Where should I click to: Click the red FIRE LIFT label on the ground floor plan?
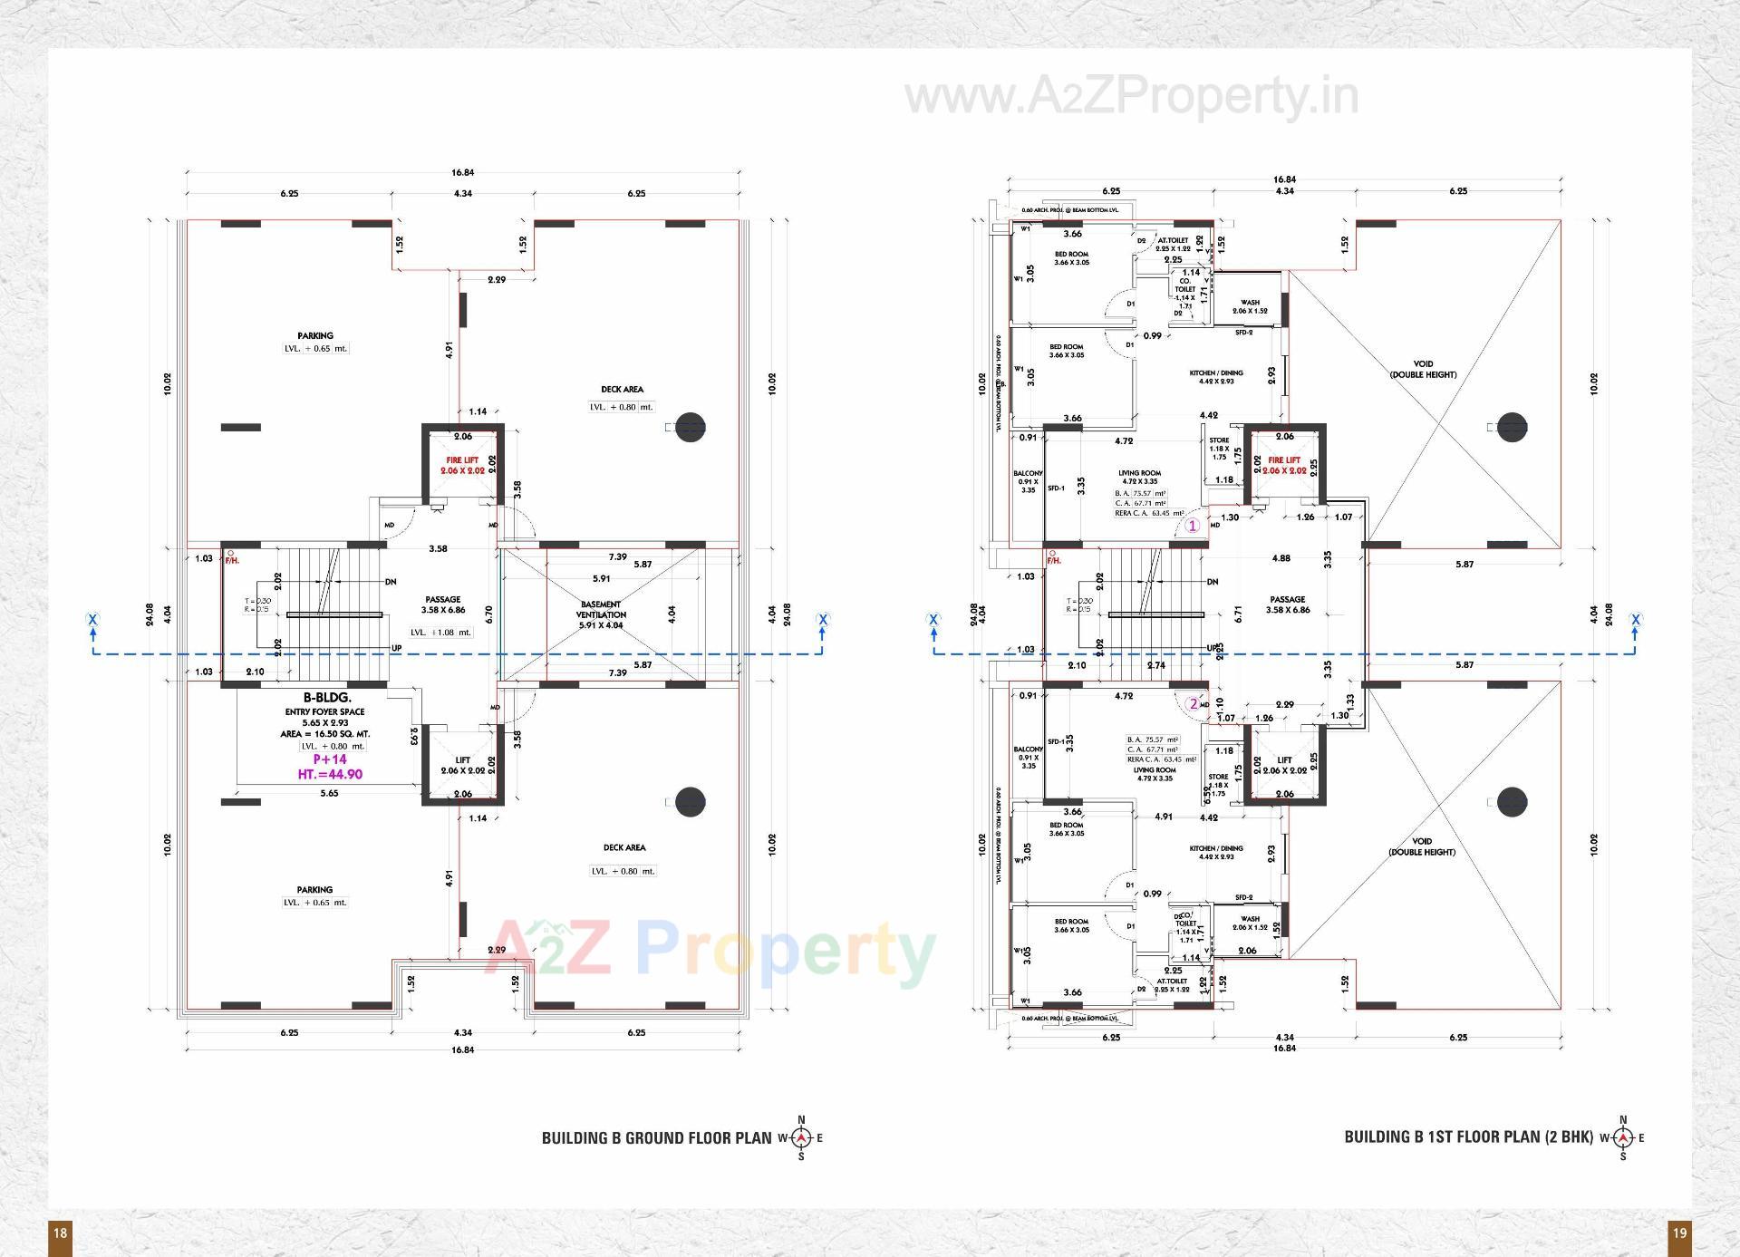click(x=462, y=460)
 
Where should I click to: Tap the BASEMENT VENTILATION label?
click(x=601, y=609)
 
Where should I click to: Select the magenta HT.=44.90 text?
click(x=330, y=774)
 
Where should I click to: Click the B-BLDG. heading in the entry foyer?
click(x=327, y=699)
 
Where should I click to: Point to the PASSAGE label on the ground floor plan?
click(x=442, y=599)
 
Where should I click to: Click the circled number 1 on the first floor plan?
click(x=1193, y=526)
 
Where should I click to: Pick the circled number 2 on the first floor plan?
click(x=1194, y=704)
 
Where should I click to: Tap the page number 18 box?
click(x=60, y=1233)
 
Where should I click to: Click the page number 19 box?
click(x=1679, y=1233)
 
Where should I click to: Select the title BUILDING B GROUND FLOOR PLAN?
click(x=656, y=1137)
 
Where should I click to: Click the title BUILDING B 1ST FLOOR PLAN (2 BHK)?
click(x=1468, y=1136)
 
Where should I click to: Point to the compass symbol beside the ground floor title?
click(x=801, y=1137)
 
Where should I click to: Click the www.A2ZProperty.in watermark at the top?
click(x=1132, y=97)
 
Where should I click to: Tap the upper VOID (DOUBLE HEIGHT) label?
click(x=1423, y=369)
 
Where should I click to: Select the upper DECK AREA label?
click(x=622, y=390)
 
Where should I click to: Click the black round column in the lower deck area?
click(x=690, y=802)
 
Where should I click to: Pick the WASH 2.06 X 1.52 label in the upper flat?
click(x=1250, y=306)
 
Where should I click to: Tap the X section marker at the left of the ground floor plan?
click(x=92, y=620)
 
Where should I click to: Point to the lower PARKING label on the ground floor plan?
click(x=314, y=890)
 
